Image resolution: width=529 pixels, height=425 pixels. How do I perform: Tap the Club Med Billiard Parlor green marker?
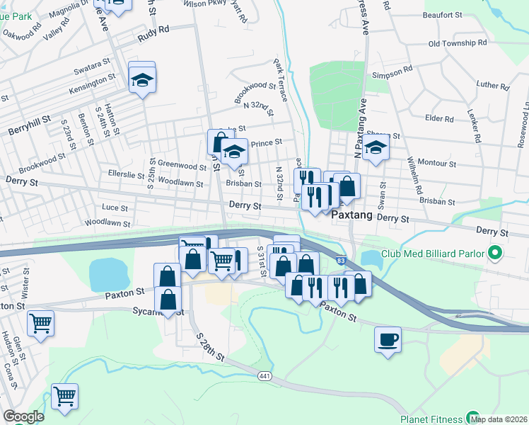click(x=495, y=253)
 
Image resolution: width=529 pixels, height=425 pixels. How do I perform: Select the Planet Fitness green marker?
click(x=472, y=418)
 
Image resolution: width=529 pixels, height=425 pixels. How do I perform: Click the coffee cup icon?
click(x=388, y=339)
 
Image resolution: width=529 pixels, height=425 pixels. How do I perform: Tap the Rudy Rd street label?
click(x=154, y=31)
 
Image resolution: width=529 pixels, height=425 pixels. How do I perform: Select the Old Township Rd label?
click(x=458, y=43)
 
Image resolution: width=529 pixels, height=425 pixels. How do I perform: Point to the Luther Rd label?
click(x=493, y=86)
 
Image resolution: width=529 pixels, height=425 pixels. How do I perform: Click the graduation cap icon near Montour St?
click(x=376, y=148)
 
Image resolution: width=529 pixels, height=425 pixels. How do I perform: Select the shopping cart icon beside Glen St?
click(x=40, y=323)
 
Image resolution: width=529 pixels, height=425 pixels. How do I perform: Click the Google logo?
click(x=24, y=416)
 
